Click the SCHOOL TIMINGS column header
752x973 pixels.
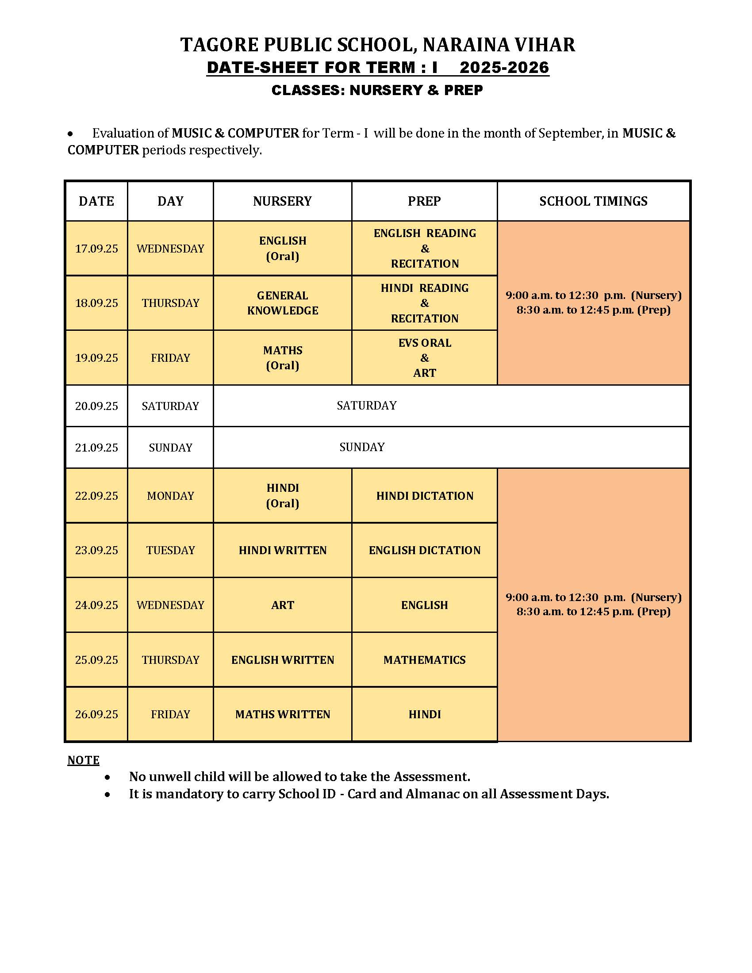coord(593,201)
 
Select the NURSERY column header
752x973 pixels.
coord(282,201)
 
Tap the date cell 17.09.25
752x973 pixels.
coord(96,249)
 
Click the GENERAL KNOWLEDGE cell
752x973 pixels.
coord(283,303)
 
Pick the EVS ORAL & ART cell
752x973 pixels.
coord(424,358)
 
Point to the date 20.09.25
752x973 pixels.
coord(96,406)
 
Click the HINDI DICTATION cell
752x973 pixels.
coord(424,496)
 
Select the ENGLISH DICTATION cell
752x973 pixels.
coord(424,550)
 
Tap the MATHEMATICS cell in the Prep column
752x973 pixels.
coord(424,660)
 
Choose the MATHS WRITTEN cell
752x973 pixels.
coord(283,714)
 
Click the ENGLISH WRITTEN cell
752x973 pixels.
coord(283,660)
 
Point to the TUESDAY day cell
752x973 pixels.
coord(170,550)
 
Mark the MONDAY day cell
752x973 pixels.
coord(170,496)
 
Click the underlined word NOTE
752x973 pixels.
coord(83,760)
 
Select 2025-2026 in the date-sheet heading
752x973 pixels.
coord(504,68)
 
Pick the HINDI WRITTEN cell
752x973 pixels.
coord(283,550)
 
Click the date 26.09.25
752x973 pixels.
coord(96,714)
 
